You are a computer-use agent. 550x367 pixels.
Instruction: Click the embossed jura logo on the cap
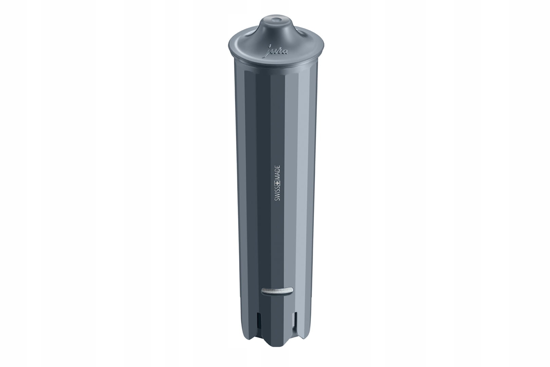[278, 51]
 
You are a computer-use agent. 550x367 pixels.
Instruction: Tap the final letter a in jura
[285, 52]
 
